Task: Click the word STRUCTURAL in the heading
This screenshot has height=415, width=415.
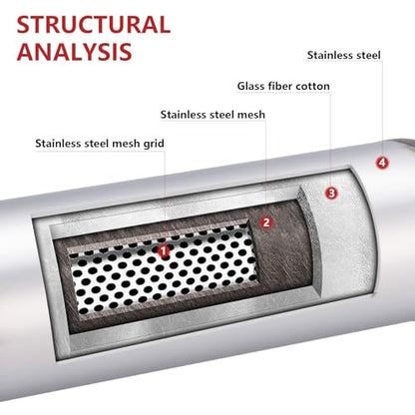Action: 94,24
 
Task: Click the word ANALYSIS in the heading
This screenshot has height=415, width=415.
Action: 75,52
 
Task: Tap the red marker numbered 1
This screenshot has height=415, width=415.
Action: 164,251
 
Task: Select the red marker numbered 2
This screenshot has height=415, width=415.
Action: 266,222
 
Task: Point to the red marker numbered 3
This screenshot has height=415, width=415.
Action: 331,193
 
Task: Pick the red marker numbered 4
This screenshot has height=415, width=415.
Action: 382,163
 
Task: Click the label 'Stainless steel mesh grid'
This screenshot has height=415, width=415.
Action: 100,144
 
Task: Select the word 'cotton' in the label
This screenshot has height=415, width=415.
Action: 312,87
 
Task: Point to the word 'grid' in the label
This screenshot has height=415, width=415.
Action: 154,144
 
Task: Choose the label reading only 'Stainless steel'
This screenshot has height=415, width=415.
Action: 343,55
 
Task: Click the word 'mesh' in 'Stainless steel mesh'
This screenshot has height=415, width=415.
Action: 250,115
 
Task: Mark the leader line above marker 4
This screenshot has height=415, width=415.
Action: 382,109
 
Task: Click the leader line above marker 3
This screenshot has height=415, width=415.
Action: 331,139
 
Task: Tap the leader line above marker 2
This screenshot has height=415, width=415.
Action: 266,169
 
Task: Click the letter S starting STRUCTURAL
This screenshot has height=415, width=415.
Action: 23,25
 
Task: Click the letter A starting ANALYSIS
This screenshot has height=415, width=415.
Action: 26,52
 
